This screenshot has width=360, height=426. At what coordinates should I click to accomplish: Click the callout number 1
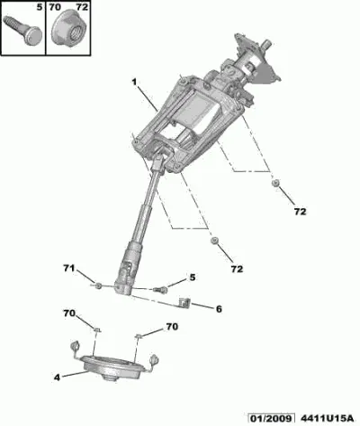click(x=135, y=81)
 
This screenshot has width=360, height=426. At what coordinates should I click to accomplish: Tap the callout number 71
click(x=69, y=267)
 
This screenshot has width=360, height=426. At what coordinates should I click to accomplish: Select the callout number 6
click(x=219, y=309)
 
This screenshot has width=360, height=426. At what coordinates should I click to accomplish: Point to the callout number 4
click(x=57, y=377)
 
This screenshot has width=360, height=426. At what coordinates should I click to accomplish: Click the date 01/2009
click(x=270, y=418)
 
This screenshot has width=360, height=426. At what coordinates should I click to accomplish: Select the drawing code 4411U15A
click(x=327, y=418)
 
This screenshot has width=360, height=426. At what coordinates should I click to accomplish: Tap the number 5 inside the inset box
click(x=40, y=7)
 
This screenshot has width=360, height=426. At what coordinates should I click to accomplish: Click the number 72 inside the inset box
click(x=82, y=7)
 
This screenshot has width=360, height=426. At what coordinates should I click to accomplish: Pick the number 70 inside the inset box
click(x=55, y=7)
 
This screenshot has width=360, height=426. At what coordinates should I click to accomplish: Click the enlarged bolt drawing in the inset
click(x=23, y=31)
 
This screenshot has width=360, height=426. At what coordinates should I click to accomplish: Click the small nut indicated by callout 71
click(x=97, y=286)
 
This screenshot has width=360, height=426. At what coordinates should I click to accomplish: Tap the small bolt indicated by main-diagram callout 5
click(x=160, y=290)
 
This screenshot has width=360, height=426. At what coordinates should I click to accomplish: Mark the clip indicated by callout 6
click(x=184, y=304)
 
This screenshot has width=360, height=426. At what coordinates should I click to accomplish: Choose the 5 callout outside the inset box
click(x=192, y=277)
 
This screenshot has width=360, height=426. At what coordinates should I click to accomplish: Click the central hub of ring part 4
click(x=110, y=377)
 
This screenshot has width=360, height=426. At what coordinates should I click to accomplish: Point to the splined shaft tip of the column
click(x=268, y=43)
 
